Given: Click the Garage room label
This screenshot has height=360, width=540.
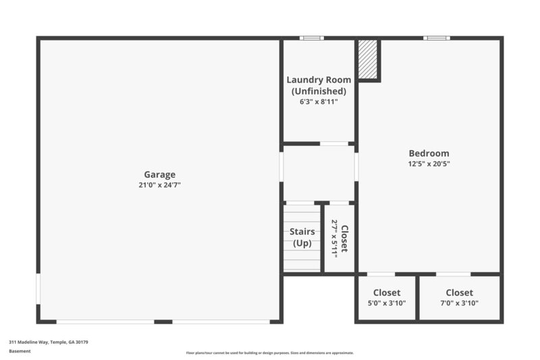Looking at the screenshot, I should [159, 174].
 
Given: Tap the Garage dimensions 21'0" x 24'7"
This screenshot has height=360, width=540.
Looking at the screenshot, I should [159, 184].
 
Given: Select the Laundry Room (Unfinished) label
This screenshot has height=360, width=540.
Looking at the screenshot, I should [319, 85].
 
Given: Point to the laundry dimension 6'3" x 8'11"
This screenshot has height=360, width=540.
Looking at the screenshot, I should [319, 102].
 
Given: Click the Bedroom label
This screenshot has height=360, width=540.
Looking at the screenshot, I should [429, 153].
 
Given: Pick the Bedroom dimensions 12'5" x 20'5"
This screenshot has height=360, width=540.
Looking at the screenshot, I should [429, 163].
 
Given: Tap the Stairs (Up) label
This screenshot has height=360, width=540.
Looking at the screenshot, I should [302, 237].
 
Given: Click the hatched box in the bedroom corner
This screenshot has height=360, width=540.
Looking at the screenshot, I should [368, 59].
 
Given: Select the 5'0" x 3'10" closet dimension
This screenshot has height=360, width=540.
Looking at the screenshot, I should [387, 303].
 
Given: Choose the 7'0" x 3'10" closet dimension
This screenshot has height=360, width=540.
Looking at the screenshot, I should [459, 303].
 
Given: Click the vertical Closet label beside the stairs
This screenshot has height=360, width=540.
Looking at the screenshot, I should [344, 238].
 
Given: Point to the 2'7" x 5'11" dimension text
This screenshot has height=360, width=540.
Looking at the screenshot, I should [333, 238].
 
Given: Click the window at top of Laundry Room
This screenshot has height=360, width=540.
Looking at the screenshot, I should [311, 38].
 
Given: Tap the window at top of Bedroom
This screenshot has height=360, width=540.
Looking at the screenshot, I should [436, 38].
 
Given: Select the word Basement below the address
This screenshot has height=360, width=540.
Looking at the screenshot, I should [20, 351].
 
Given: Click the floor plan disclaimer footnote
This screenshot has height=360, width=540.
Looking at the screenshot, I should [270, 353].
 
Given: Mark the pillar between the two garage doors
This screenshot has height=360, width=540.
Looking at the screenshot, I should [163, 322].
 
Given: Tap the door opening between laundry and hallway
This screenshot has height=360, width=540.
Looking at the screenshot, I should [333, 144].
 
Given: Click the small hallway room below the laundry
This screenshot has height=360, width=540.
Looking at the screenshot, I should [319, 173].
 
